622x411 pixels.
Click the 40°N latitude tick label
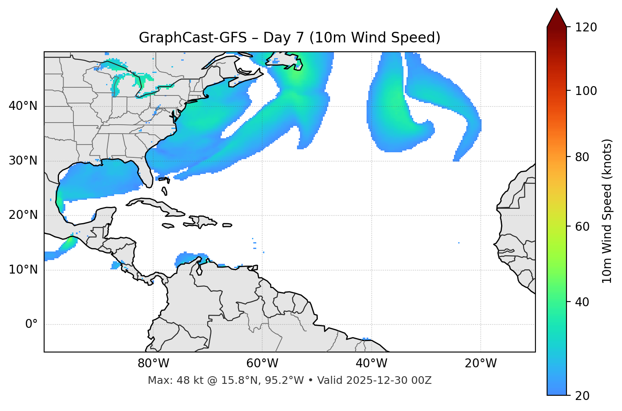tap(23, 106)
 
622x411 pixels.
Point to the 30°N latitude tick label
tap(23, 161)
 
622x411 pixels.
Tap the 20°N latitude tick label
tap(23, 215)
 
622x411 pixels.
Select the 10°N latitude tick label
tap(23, 270)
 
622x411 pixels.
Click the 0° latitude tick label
tap(31, 324)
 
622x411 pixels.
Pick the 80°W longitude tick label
tap(153, 363)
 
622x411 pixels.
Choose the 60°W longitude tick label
tap(262, 363)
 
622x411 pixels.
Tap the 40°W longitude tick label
tap(371, 363)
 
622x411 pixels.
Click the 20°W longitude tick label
tap(481, 363)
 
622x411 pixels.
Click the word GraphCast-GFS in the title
tap(193, 38)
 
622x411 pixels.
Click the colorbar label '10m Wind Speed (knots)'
tap(607, 211)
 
